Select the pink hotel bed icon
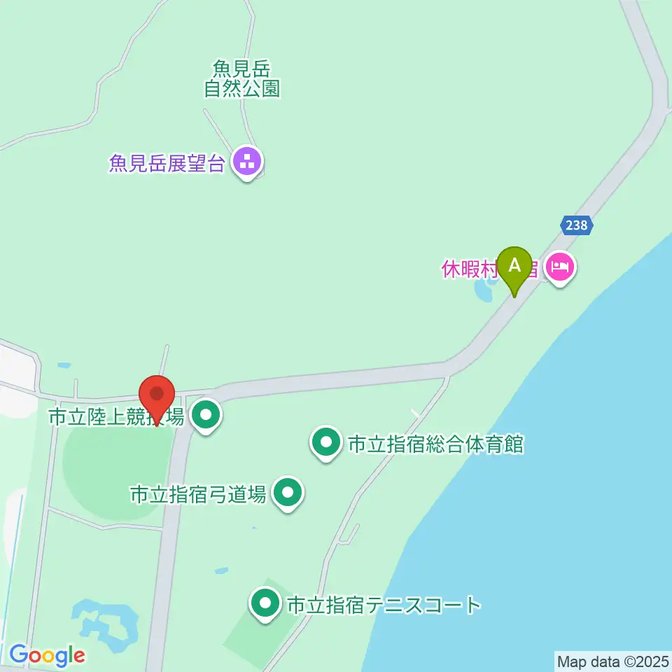pos(560,267)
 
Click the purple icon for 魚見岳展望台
pos(246,162)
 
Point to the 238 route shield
pos(577,225)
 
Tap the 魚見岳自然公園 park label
pos(242,78)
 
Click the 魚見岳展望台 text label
pos(167,164)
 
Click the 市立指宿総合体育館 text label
pos(435,444)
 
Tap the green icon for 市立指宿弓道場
pos(288,493)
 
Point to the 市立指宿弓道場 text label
pos(198,495)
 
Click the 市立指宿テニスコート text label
pos(384,605)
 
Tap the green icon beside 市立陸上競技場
pos(206,416)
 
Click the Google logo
pos(47,656)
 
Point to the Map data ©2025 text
pos(612,661)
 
